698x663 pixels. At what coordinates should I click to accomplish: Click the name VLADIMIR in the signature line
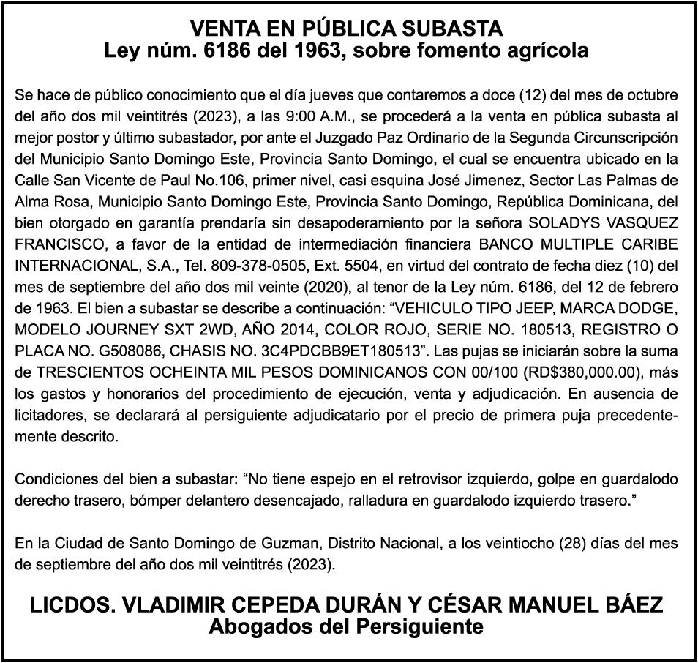pyautogui.click(x=162, y=605)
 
